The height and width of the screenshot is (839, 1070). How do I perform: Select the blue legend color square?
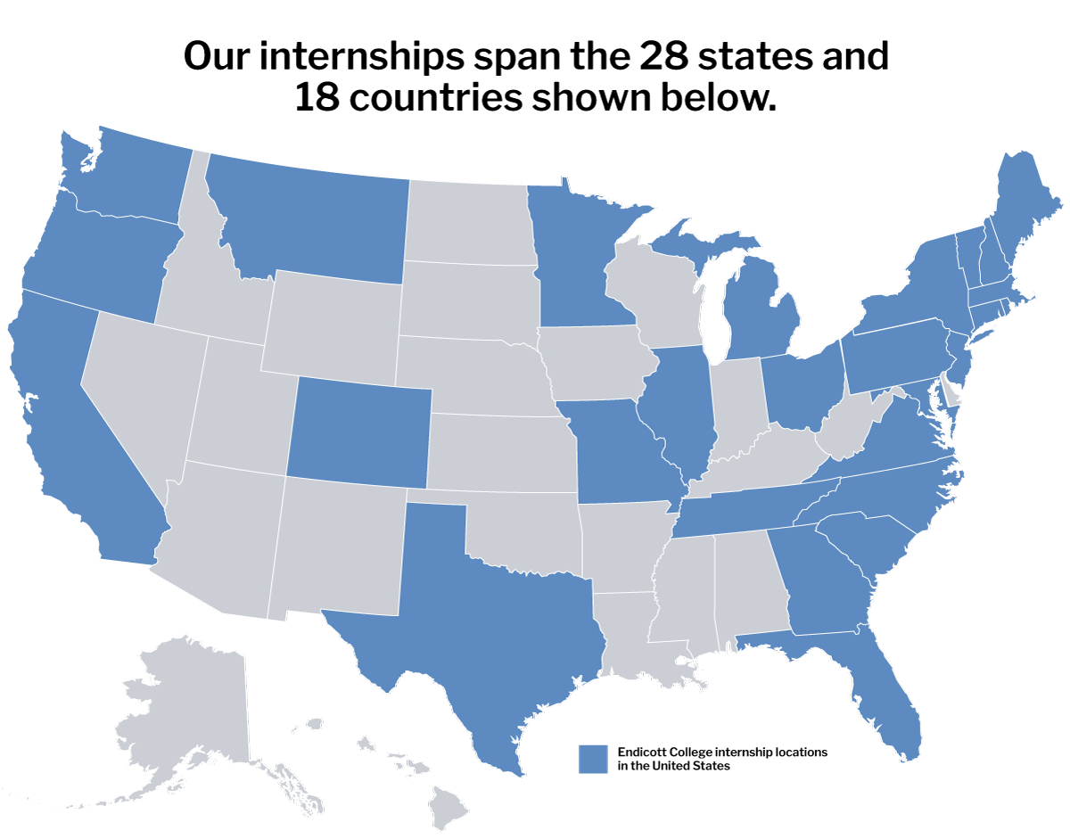(593, 759)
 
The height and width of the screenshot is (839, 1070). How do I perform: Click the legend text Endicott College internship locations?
(722, 753)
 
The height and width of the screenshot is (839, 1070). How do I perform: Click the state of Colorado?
(358, 432)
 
